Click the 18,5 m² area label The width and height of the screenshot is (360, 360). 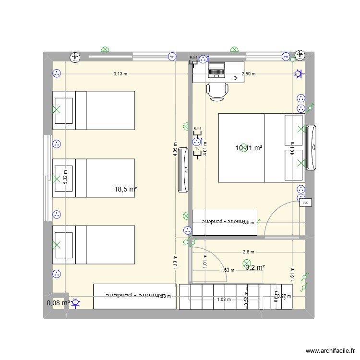click(x=126, y=190)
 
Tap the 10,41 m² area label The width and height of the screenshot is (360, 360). click(x=249, y=148)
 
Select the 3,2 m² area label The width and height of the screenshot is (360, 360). click(x=255, y=267)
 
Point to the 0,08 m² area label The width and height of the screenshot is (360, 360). click(x=58, y=303)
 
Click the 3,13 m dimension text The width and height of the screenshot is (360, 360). click(x=120, y=74)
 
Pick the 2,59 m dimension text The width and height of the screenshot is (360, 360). click(x=249, y=74)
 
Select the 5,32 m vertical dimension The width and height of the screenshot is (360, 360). click(x=66, y=178)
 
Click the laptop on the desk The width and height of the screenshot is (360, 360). click(x=216, y=70)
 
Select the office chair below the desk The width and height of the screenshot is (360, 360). click(x=217, y=91)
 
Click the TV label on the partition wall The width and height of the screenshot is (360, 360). click(x=197, y=149)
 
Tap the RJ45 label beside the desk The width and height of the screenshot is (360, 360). click(x=193, y=58)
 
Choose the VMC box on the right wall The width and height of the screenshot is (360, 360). click(x=305, y=203)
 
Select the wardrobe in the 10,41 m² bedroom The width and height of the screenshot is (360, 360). click(x=224, y=223)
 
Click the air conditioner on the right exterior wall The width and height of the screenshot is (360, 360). click(x=312, y=147)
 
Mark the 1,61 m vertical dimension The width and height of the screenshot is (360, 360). click(x=292, y=274)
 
